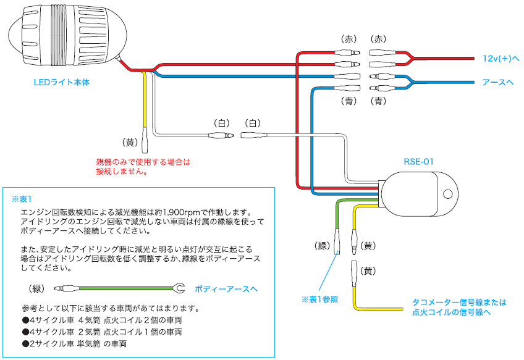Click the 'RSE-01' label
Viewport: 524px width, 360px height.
click(418, 161)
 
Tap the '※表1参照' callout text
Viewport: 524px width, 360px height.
click(321, 299)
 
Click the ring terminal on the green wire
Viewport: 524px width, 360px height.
click(179, 288)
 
